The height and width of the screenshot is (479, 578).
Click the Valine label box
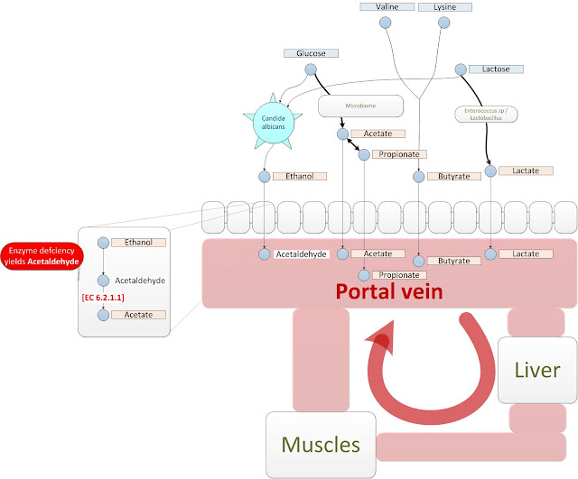click(386, 7)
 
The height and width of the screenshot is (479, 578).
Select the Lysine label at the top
click(444, 7)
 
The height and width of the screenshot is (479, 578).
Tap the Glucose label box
click(311, 54)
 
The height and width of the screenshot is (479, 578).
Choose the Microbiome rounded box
click(359, 106)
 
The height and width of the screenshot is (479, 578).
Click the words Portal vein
click(389, 292)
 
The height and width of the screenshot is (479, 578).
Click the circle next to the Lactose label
click(460, 69)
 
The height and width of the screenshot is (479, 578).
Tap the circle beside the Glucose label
click(311, 69)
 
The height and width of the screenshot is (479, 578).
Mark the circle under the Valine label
click(386, 23)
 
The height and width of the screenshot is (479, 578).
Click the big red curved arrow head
click(382, 340)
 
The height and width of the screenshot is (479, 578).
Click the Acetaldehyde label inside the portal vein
click(301, 254)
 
